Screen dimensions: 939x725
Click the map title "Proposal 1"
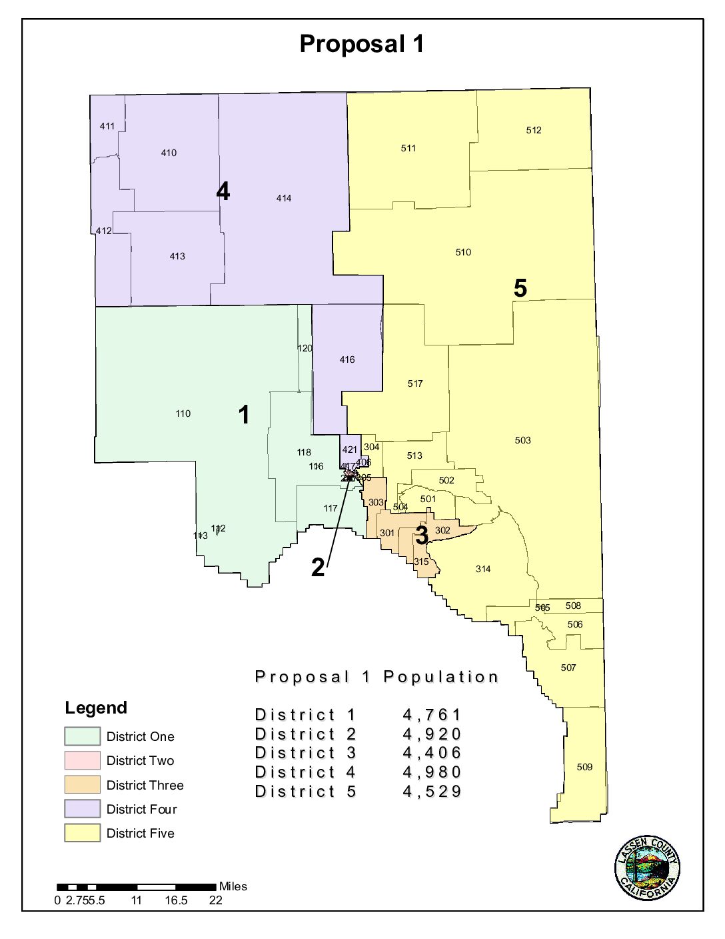[361, 44]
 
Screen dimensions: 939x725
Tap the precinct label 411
[107, 126]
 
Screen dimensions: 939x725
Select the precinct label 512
[534, 131]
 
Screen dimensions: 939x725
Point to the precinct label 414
[284, 198]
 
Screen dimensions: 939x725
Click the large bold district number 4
[223, 191]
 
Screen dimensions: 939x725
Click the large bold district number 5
[520, 288]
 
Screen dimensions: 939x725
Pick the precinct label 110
[183, 413]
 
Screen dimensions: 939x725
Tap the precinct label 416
[347, 359]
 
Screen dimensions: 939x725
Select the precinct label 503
[523, 440]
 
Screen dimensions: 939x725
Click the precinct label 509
[584, 767]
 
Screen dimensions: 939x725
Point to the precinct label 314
[483, 569]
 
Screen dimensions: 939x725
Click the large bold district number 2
[319, 568]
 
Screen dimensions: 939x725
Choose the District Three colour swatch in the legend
[83, 784]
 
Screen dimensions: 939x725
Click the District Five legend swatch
[83, 833]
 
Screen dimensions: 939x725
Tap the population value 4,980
[432, 772]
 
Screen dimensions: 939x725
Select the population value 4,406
[432, 753]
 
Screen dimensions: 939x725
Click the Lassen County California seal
[647, 868]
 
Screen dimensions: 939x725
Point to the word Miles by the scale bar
[233, 886]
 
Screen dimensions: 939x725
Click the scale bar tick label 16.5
[177, 900]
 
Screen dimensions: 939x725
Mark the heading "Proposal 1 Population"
[377, 677]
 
